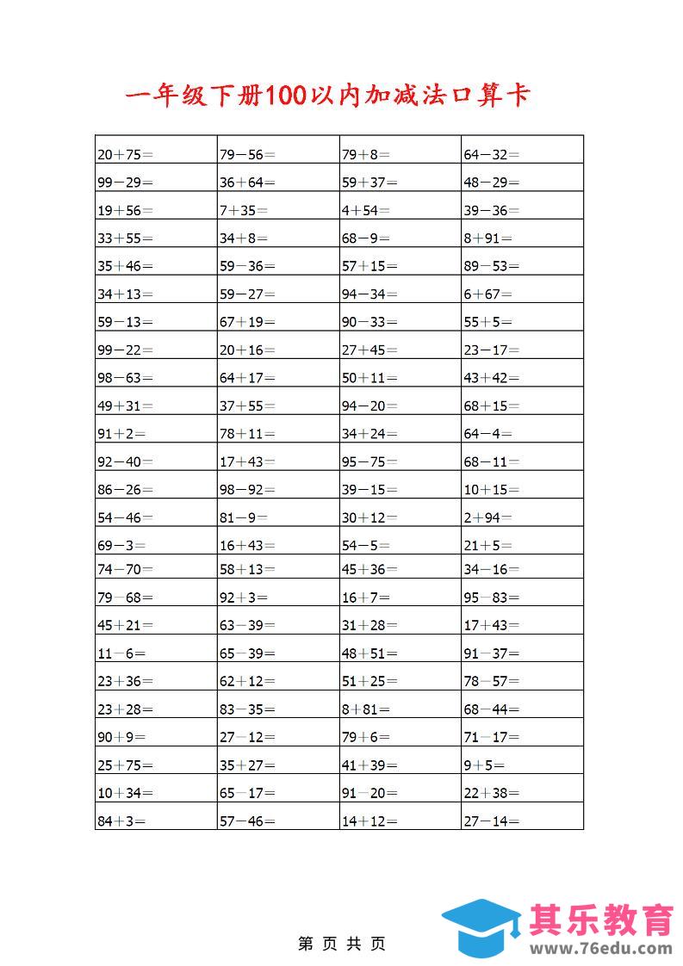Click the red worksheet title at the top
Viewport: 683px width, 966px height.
[326, 95]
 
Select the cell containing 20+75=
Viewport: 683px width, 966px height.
[125, 155]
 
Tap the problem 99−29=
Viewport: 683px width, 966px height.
[125, 183]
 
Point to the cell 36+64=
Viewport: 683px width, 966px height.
[247, 183]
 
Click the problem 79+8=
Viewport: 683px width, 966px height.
[365, 155]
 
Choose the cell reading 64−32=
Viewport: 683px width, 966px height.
[492, 155]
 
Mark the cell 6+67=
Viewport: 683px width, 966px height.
[487, 294]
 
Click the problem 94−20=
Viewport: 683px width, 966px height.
[369, 406]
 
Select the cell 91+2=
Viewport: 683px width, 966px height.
[121, 434]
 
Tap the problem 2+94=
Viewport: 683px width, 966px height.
[487, 517]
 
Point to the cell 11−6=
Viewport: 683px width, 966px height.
[121, 653]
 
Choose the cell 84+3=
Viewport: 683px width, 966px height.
[121, 821]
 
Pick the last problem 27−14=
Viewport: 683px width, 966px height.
[492, 821]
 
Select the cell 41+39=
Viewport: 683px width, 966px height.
[369, 765]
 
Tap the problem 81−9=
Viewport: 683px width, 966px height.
[243, 517]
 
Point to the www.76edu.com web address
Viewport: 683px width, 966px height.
[600, 949]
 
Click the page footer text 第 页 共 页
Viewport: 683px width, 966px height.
[342, 944]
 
